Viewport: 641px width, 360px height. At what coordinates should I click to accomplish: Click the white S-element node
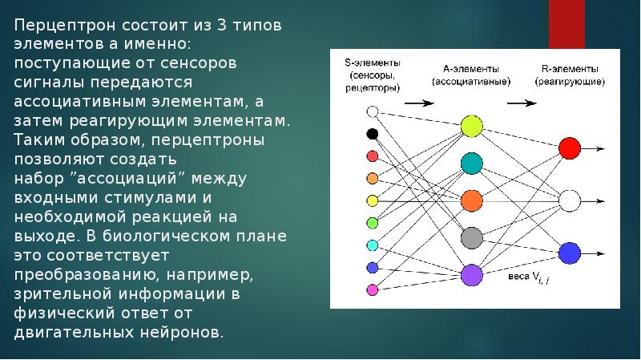pyautogui.click(x=372, y=113)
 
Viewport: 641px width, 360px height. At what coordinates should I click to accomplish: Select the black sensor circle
pyautogui.click(x=372, y=134)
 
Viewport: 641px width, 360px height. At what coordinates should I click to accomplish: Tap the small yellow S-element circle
pyautogui.click(x=372, y=200)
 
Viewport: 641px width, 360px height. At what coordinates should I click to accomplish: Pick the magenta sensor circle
pyautogui.click(x=372, y=289)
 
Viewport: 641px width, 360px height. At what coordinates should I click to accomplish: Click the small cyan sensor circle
pyautogui.click(x=372, y=245)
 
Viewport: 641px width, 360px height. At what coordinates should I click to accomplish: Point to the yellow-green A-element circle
pyautogui.click(x=471, y=126)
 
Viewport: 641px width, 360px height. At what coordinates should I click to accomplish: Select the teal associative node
pyautogui.click(x=471, y=164)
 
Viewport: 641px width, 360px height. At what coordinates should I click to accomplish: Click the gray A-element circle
pyautogui.click(x=471, y=238)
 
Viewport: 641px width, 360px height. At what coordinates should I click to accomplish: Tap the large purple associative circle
pyautogui.click(x=471, y=275)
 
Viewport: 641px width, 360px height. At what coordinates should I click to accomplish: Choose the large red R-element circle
pyautogui.click(x=570, y=148)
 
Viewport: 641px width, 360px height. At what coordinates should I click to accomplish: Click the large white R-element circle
pyautogui.click(x=570, y=200)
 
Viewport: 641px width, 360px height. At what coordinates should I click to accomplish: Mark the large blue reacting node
pyautogui.click(x=570, y=253)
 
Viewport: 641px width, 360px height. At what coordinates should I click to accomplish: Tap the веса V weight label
pyautogui.click(x=529, y=277)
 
